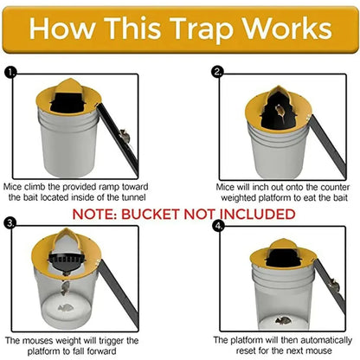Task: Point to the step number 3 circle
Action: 10,223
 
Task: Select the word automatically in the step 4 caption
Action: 306,340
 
